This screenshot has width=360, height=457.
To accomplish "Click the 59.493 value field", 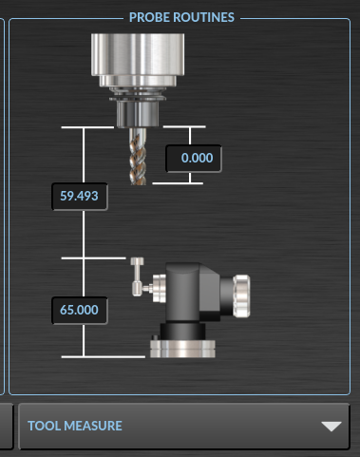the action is (x=80, y=196).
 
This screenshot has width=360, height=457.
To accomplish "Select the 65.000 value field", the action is (x=80, y=310).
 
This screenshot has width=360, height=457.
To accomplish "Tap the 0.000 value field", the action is (x=194, y=158).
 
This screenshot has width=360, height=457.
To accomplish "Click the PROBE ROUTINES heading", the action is (x=181, y=17).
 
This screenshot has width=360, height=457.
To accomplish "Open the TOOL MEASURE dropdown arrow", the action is (x=332, y=426).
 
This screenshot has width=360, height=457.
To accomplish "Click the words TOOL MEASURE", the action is (x=75, y=426).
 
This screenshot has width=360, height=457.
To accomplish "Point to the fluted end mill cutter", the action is (x=138, y=157).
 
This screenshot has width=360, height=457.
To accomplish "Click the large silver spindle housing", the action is (x=138, y=54).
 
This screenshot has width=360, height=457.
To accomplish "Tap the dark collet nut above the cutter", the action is (x=138, y=114).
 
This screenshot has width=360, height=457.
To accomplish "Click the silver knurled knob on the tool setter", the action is (x=242, y=296).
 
